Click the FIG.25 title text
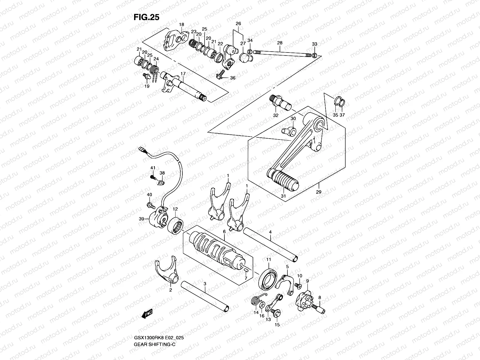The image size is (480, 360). click(146, 17)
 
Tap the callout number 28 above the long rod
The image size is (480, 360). click(280, 43)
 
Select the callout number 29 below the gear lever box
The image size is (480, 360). click(319, 192)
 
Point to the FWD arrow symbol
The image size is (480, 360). click(147, 314)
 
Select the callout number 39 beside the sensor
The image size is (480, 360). click(141, 219)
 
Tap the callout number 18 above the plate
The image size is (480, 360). click(181, 24)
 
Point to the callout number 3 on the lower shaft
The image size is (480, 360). click(205, 283)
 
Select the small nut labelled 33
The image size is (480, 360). click(323, 55)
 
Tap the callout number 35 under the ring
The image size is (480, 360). click(336, 115)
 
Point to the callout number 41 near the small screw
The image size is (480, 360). click(153, 168)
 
